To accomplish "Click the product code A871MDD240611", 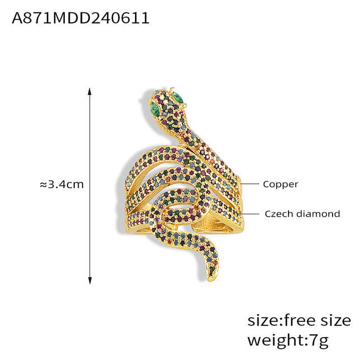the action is click(80, 18).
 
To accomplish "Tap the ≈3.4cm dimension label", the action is click(62, 184).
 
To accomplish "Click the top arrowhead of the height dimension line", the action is click(90, 91).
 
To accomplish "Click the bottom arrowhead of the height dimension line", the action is click(90, 281).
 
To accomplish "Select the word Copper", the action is click(280, 185).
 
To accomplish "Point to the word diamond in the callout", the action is click(318, 214).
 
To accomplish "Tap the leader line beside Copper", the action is click(249, 184).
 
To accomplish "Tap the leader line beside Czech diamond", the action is click(249, 214).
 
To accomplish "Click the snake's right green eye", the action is click(177, 97).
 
